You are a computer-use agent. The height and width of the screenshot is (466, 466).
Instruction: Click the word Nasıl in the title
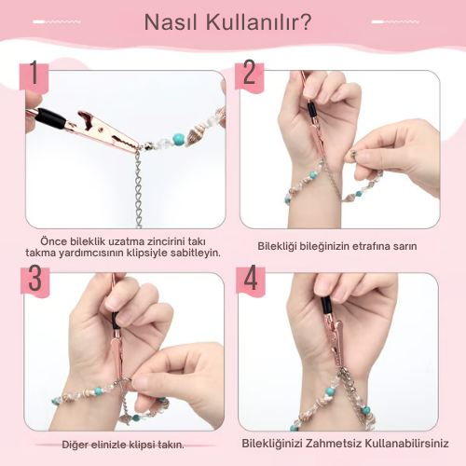point(171,22)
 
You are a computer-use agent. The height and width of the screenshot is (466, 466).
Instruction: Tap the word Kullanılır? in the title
point(259,22)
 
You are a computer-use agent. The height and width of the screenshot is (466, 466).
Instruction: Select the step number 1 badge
point(34,77)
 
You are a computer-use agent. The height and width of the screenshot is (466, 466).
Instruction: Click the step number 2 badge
point(249,75)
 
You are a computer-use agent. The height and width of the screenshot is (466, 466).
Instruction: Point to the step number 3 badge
point(34,281)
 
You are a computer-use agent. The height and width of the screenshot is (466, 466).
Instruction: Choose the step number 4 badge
point(251,280)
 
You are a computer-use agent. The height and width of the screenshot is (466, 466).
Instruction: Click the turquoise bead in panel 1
point(178,139)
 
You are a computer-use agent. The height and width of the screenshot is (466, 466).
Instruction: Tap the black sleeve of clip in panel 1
point(50,118)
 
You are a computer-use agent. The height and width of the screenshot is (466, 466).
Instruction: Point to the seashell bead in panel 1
point(195,134)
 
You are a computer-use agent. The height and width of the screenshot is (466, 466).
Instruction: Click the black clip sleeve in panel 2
point(311,111)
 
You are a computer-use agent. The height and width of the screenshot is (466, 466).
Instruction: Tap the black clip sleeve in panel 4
point(326,305)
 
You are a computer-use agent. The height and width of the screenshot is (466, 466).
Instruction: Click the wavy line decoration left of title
point(57,21)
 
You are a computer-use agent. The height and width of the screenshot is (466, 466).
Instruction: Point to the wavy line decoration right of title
point(395,21)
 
